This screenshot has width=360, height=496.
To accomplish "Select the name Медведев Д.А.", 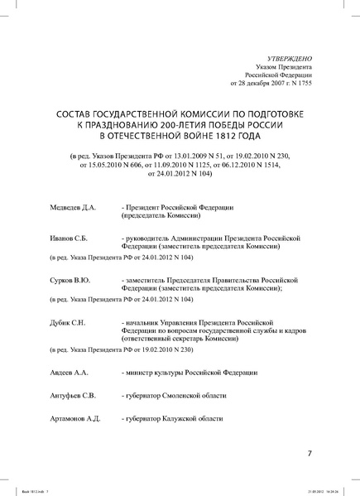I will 75,205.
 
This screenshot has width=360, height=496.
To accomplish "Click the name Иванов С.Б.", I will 71,237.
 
